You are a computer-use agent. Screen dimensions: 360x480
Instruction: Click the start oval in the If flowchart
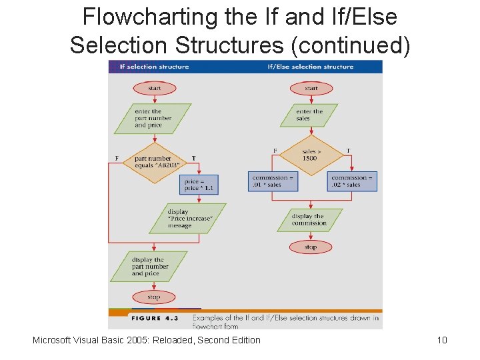coord(154,88)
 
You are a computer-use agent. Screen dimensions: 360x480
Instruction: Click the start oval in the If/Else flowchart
coord(311,88)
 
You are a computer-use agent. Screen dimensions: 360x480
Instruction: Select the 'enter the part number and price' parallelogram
coord(153,119)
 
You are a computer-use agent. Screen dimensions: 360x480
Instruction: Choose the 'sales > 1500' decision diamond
coord(311,155)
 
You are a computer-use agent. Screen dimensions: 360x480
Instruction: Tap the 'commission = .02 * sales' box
coord(352,181)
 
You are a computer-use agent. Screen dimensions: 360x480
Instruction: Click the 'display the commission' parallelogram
coord(309,220)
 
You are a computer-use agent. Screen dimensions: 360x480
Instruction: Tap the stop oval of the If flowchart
coord(154,297)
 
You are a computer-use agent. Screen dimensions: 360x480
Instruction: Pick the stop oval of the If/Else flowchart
coord(311,247)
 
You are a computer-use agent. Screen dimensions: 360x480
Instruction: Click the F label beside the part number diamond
coord(117,158)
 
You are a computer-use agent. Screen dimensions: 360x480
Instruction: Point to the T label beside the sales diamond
coord(348,151)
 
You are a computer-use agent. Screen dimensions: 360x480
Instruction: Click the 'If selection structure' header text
coord(153,67)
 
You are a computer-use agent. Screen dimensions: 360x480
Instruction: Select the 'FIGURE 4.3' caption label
coord(155,318)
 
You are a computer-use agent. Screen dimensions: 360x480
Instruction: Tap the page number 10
coord(441,341)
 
